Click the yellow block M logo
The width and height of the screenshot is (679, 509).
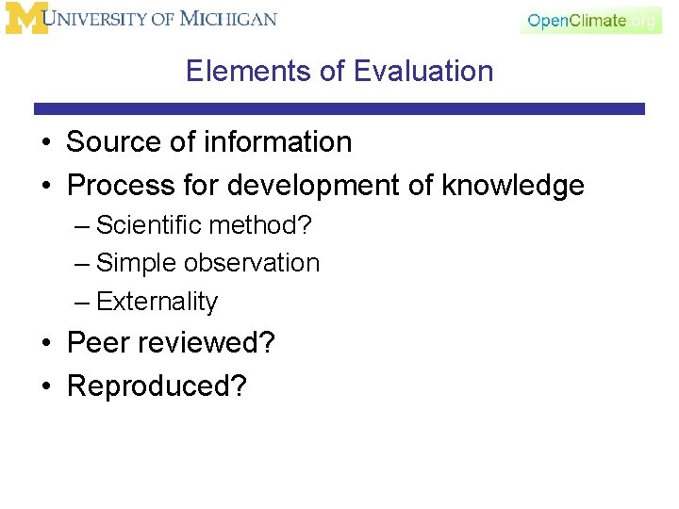click(x=25, y=18)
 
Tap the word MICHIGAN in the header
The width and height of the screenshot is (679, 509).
click(x=227, y=19)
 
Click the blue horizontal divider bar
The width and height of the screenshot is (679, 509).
click(x=339, y=109)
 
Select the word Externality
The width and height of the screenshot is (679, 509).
click(x=157, y=302)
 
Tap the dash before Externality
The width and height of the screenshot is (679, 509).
click(x=81, y=303)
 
